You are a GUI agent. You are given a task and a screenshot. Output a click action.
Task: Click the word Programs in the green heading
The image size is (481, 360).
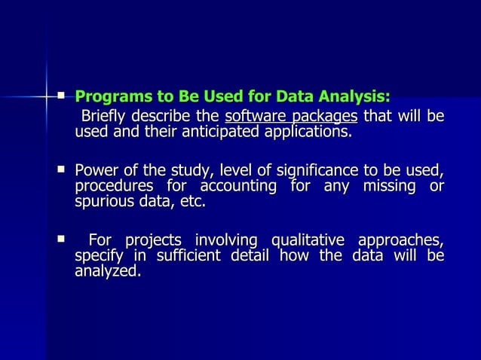coord(109,97)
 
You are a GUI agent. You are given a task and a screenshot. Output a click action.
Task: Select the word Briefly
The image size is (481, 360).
coord(106,117)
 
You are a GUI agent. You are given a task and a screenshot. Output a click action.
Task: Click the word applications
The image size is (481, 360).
coord(304,133)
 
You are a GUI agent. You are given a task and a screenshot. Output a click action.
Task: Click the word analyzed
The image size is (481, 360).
coord(108,272)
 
